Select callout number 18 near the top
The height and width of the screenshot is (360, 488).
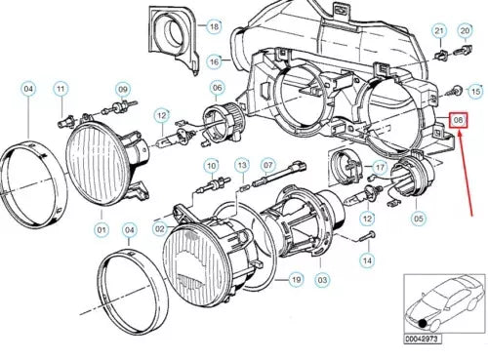pyautogui.click(x=214, y=27)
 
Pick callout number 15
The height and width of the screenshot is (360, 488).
pyautogui.click(x=475, y=91)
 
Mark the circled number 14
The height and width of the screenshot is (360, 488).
pyautogui.click(x=366, y=260)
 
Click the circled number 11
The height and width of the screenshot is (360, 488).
pyautogui.click(x=61, y=90)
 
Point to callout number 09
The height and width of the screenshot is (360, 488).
pyautogui.click(x=123, y=88)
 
